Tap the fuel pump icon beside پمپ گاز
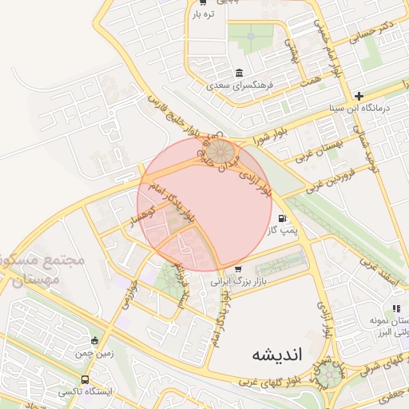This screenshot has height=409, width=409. click(x=281, y=218)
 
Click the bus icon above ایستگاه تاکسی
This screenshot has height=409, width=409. click(x=85, y=380)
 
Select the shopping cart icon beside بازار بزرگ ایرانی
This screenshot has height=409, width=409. click(x=239, y=268)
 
